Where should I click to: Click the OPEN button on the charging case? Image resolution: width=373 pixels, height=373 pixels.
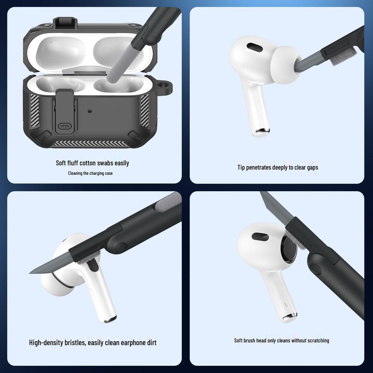coord(65,126)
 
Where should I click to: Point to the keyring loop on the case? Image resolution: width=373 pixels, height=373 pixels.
coord(166,87)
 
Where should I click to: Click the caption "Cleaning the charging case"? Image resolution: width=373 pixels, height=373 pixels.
coord(90,173)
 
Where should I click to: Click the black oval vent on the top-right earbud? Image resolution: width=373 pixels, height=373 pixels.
coord(255,47)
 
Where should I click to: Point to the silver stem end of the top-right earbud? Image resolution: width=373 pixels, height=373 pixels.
coord(262,131)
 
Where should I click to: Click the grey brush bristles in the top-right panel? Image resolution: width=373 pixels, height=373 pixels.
coord(341,56)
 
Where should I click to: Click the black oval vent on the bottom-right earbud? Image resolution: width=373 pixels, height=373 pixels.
coord(260,237)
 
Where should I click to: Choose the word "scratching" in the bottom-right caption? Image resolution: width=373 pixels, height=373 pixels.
coord(316,341)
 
